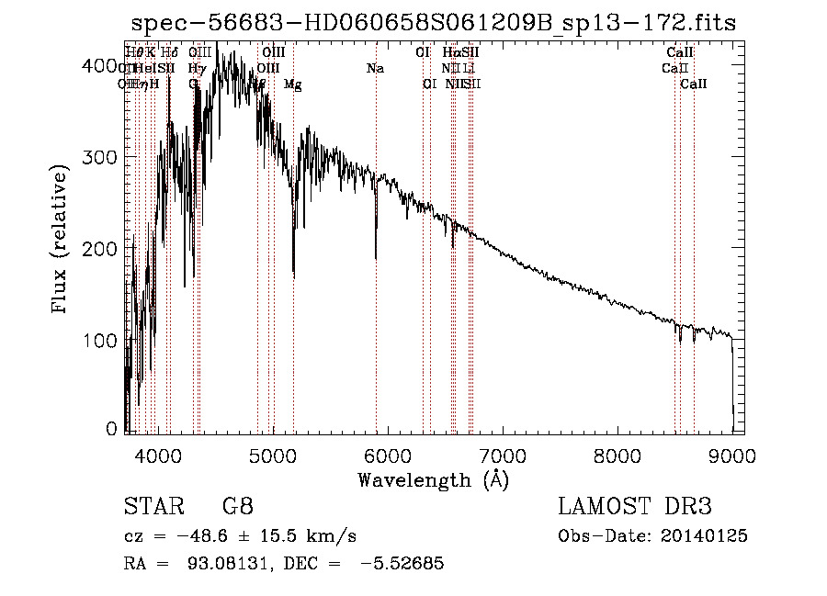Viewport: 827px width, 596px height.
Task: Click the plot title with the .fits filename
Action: click(x=434, y=23)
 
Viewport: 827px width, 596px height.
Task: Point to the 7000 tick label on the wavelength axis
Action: click(x=502, y=455)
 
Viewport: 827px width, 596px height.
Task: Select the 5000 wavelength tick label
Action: click(x=272, y=455)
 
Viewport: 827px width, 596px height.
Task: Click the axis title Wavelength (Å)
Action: click(x=433, y=479)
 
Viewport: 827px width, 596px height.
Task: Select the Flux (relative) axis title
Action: click(x=62, y=241)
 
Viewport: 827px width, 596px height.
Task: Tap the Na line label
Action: click(x=375, y=68)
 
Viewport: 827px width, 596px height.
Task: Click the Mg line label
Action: click(x=292, y=84)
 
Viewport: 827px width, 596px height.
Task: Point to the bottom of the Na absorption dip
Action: click(x=376, y=259)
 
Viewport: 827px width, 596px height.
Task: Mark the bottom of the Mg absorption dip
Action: click(x=294, y=276)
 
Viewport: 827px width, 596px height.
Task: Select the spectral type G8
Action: click(x=237, y=507)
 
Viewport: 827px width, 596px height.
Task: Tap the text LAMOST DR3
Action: click(x=635, y=507)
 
